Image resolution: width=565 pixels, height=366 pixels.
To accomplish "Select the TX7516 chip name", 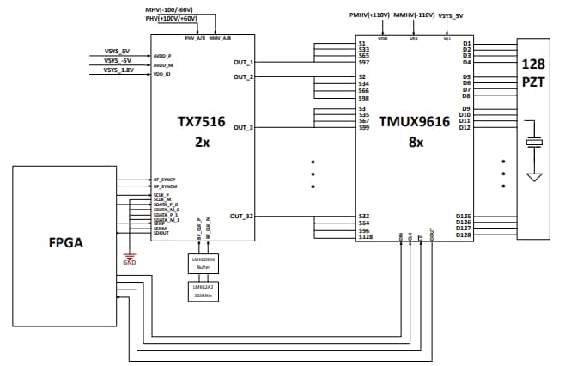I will (x=202, y=122).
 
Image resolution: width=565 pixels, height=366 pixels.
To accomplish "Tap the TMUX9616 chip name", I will (x=414, y=122).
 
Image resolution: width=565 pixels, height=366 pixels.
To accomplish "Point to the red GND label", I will (x=130, y=262).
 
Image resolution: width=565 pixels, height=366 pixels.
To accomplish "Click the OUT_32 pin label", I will (x=241, y=216).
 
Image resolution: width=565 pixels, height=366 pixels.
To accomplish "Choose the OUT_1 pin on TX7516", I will (x=243, y=62).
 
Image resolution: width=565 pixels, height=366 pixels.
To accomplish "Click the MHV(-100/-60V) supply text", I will (x=173, y=9).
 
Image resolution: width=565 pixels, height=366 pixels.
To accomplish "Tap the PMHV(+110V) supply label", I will (x=369, y=15).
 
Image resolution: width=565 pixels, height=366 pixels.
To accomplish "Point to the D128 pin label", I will (x=463, y=235).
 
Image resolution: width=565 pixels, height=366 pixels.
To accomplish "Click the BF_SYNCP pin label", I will (x=164, y=180).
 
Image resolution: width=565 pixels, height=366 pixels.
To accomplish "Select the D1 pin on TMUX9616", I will (x=466, y=43).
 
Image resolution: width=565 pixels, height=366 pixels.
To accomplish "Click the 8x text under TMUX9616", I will (x=414, y=143).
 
